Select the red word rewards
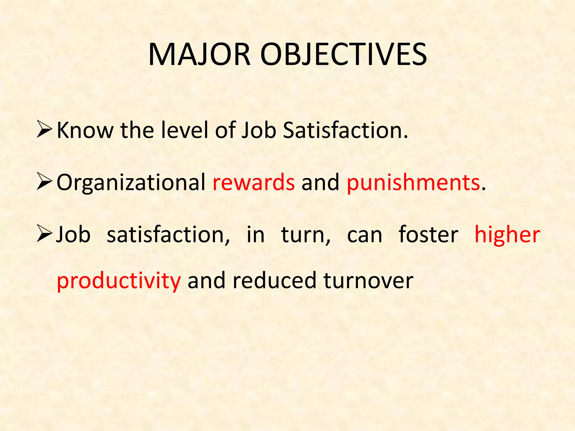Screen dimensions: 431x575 [254, 182]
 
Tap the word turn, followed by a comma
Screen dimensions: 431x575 [306, 235]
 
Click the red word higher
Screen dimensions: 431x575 [507, 235]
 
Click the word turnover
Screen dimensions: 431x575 [368, 281]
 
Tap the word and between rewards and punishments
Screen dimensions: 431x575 [320, 182]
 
